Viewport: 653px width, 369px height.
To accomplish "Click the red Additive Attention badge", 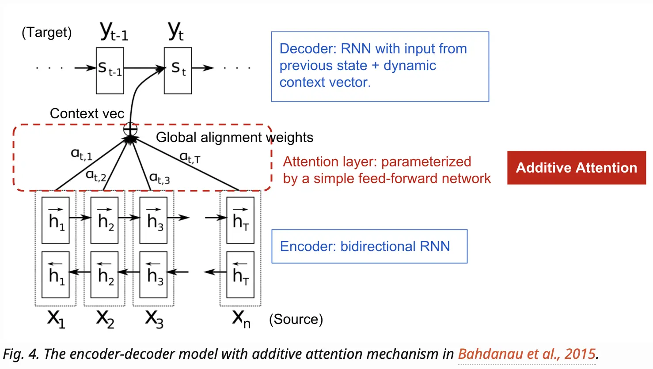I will (x=576, y=168).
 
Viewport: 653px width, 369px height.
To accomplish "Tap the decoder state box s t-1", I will (x=110, y=70).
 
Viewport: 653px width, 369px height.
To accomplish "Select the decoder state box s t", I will (x=178, y=70).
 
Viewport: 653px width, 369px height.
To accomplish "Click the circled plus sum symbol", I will (x=130, y=129).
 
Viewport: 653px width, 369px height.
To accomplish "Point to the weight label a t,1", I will (x=81, y=154).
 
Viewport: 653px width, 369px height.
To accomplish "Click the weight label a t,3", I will (x=159, y=178).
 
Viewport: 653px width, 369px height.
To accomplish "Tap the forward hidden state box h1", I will (x=55, y=220).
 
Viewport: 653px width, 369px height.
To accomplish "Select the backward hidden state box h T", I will (x=240, y=274).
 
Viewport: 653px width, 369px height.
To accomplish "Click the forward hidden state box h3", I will (x=153, y=220).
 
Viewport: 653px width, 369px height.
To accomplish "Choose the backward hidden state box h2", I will (x=104, y=274).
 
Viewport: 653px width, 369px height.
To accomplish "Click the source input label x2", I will (x=105, y=318).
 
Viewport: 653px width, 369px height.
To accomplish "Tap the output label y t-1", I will (x=114, y=31).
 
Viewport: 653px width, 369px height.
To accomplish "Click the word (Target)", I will (x=46, y=32).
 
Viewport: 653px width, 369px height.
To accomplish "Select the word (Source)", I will (x=296, y=319).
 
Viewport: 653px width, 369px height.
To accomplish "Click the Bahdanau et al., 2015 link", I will (x=527, y=354).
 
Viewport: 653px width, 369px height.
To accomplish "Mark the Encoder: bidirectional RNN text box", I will (x=369, y=246).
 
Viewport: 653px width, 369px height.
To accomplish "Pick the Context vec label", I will (x=87, y=113).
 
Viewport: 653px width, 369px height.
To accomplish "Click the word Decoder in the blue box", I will (x=306, y=49).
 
